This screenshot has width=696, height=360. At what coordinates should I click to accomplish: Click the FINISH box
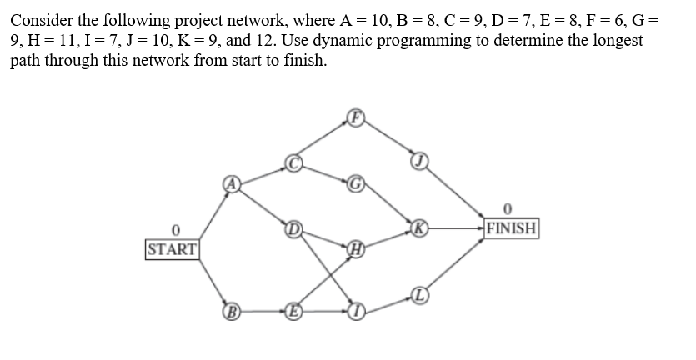(x=513, y=227)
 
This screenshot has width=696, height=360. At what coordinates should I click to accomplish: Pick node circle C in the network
(x=293, y=161)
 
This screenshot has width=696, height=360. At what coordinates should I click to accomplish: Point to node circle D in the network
(x=293, y=227)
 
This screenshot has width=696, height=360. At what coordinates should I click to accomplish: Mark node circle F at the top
(x=355, y=117)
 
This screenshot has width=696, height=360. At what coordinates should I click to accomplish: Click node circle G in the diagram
(x=355, y=182)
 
